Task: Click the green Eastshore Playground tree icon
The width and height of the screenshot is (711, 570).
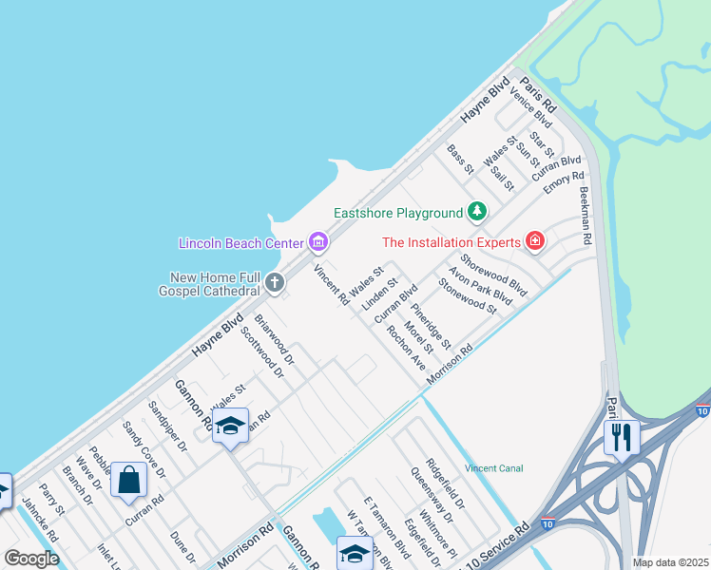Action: [x=477, y=212]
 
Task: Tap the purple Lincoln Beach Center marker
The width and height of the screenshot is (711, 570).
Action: [x=318, y=243]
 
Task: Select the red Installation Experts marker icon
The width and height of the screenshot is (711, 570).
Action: [x=535, y=242]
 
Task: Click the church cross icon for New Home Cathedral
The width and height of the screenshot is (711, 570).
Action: [x=275, y=282]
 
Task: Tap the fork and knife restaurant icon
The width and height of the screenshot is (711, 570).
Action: [x=622, y=437]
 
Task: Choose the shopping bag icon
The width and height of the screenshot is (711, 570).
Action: [x=129, y=480]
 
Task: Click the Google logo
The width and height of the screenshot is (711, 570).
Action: [x=31, y=558]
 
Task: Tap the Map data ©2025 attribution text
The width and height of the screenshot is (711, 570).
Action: [x=670, y=562]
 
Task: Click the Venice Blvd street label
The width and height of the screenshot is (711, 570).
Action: [x=530, y=105]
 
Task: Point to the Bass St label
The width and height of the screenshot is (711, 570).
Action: [x=460, y=160]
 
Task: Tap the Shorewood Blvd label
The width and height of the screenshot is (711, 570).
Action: [x=492, y=272]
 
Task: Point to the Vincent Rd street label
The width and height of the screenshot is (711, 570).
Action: [x=331, y=285]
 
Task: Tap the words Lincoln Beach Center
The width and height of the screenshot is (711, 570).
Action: [x=240, y=243]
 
